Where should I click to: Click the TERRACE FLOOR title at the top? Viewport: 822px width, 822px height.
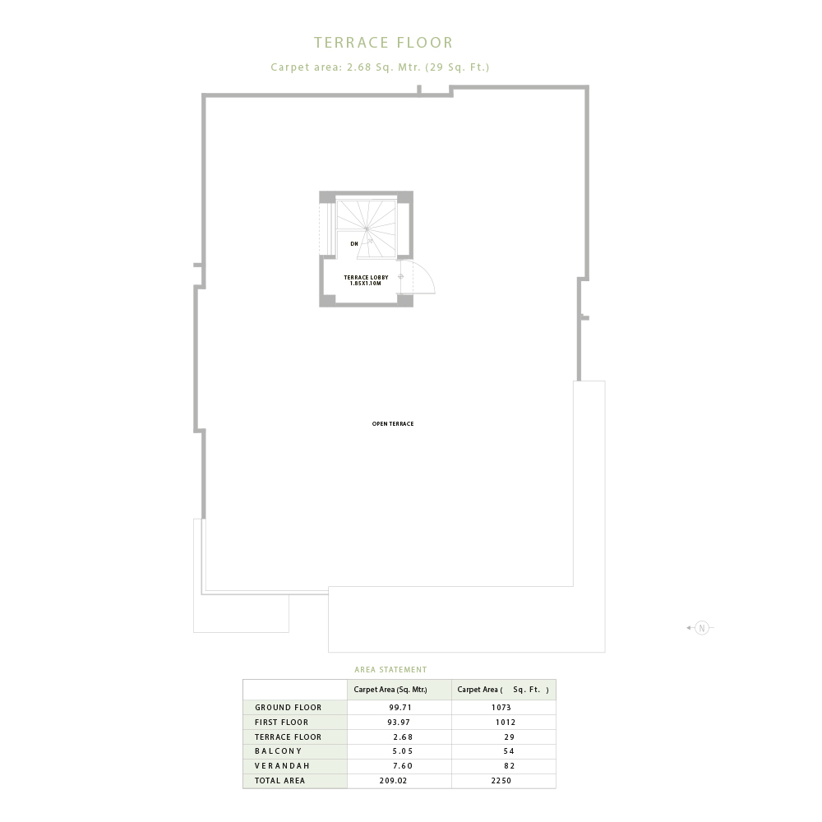point(383,43)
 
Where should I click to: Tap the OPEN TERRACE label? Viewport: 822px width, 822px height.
point(393,423)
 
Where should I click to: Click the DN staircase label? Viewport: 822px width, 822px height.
point(354,244)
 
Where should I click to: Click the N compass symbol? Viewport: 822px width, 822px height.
point(702,627)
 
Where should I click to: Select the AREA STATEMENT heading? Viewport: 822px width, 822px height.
point(390,669)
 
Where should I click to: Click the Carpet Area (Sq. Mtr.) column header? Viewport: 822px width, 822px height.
point(390,690)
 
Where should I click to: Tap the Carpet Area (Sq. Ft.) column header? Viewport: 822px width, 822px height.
point(503,690)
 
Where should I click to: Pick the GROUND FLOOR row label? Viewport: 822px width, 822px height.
point(288,707)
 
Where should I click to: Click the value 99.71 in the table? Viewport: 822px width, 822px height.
point(400,707)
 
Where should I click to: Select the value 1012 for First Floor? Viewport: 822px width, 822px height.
point(506,722)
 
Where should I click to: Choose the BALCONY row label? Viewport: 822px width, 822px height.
point(279,751)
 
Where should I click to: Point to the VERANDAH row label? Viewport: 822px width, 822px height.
point(282,766)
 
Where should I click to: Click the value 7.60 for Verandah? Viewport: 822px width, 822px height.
point(403,766)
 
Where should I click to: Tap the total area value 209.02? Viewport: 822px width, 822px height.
point(393,781)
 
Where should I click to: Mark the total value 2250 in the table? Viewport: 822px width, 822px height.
point(501,781)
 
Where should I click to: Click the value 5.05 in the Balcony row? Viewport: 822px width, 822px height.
point(403,751)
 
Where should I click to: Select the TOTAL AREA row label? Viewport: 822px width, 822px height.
point(279,781)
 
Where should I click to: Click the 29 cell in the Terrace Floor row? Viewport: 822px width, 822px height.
point(509,737)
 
